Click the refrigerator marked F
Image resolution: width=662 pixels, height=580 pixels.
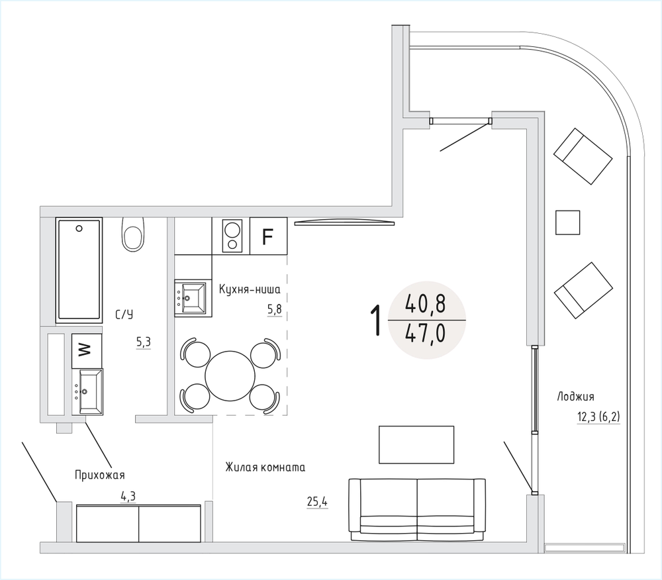pos(269,236)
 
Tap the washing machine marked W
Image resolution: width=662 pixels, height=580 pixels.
pos(87,350)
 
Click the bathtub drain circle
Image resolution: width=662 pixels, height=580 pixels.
pos(79,228)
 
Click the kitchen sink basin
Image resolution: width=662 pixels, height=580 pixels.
pos(190,299)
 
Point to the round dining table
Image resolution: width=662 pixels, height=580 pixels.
pos(230,375)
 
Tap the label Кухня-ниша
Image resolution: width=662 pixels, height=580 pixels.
pos(250,289)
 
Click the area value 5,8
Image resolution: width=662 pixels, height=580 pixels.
pos(274,310)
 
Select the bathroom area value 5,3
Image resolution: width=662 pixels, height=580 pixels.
pos(144,342)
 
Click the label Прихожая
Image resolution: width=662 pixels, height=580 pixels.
pos(100,475)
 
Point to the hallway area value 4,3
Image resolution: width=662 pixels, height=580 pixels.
pos(128,497)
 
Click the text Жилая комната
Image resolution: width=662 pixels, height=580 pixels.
pos(265,467)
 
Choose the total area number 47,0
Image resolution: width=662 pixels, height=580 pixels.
pos(425,335)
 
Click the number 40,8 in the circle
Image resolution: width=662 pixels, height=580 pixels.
pos(425,303)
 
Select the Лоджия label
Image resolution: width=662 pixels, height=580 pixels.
pos(575,397)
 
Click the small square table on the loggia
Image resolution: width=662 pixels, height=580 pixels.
pos(567,222)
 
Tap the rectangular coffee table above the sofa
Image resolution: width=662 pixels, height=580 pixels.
pos(416,445)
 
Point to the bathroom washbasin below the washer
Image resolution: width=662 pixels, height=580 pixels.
pos(87,392)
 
